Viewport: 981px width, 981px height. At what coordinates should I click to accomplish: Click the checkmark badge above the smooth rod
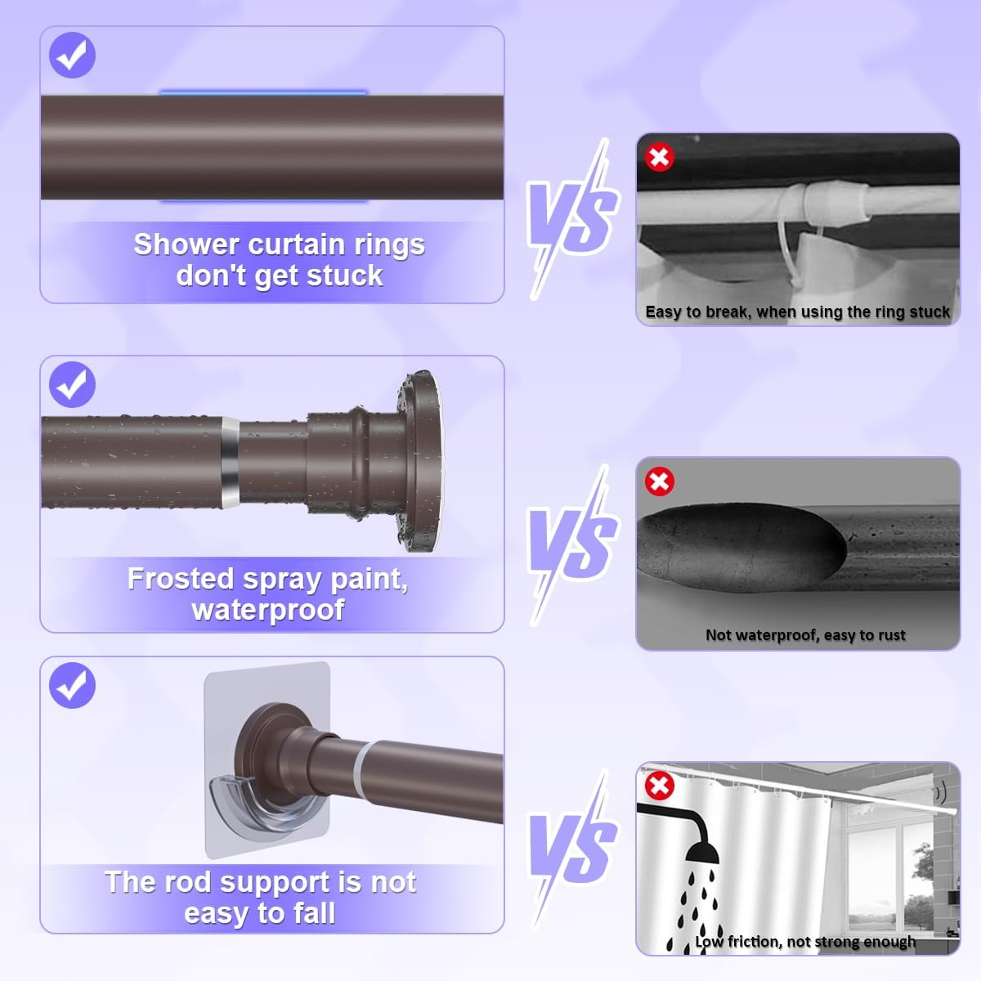(72, 55)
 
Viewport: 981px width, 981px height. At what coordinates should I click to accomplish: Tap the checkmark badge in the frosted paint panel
(72, 384)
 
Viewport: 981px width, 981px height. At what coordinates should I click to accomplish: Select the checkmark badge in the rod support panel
(72, 685)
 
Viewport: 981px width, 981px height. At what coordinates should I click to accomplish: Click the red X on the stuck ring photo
(659, 157)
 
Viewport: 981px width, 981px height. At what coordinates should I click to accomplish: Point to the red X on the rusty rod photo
(659, 481)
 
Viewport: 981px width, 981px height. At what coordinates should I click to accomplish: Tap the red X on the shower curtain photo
(659, 786)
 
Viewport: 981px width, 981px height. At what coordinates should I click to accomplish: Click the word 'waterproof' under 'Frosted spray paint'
(268, 610)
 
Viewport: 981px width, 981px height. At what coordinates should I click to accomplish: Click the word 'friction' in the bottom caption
(755, 942)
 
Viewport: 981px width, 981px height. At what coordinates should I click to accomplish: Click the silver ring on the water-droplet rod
(231, 463)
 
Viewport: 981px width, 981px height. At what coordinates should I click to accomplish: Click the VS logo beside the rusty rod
(573, 544)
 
